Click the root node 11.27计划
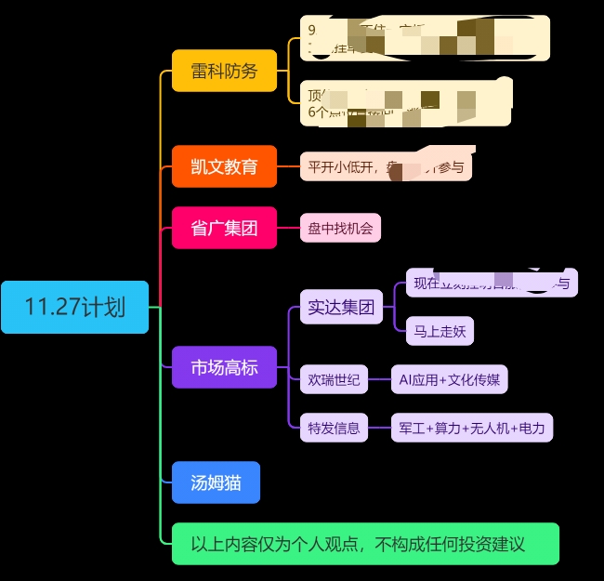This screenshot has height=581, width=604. tap(74, 307)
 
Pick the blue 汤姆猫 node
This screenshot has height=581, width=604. tap(216, 483)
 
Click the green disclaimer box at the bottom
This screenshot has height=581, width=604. tap(365, 544)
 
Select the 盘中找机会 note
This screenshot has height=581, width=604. tap(340, 228)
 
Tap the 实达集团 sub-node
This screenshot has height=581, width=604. tap(341, 307)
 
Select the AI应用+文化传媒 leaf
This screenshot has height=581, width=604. tap(449, 379)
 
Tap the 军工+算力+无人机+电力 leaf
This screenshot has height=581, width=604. tap(471, 429)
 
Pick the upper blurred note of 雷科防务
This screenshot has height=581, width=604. tap(425, 38)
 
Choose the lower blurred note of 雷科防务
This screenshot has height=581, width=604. tap(409, 102)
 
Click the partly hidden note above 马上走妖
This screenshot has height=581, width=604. tap(492, 283)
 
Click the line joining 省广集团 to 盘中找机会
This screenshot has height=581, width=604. tap(288, 228)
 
